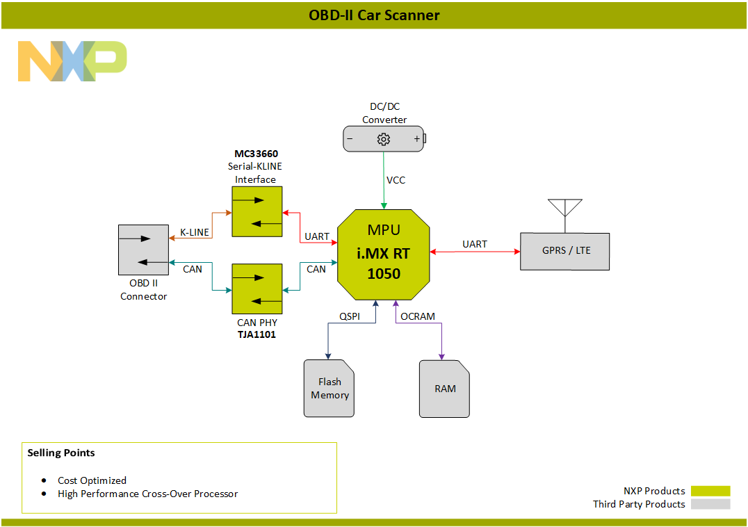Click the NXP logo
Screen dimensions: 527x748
[x=72, y=61]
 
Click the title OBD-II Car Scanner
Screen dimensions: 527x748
[x=374, y=15]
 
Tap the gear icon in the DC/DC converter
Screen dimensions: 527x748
[x=383, y=139]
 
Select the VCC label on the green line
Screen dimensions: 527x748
[x=396, y=180]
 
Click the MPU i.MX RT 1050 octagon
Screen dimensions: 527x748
[x=384, y=254]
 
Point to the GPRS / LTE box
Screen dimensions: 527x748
[x=565, y=251]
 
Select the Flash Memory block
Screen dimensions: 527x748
[x=330, y=389]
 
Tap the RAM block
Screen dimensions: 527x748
[x=445, y=389]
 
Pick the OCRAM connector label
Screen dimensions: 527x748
[x=418, y=316]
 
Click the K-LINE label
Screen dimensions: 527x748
[x=195, y=232]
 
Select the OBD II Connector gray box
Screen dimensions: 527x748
[x=143, y=250]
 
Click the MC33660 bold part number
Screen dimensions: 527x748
[x=256, y=153]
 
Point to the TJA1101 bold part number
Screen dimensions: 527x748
[x=257, y=335]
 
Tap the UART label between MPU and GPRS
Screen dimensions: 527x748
[x=475, y=244]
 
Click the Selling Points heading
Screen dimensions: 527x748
[x=61, y=453]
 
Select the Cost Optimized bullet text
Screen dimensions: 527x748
[x=92, y=480]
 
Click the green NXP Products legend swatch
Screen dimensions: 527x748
[x=710, y=491]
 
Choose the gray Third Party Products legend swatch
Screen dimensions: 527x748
[x=710, y=504]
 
